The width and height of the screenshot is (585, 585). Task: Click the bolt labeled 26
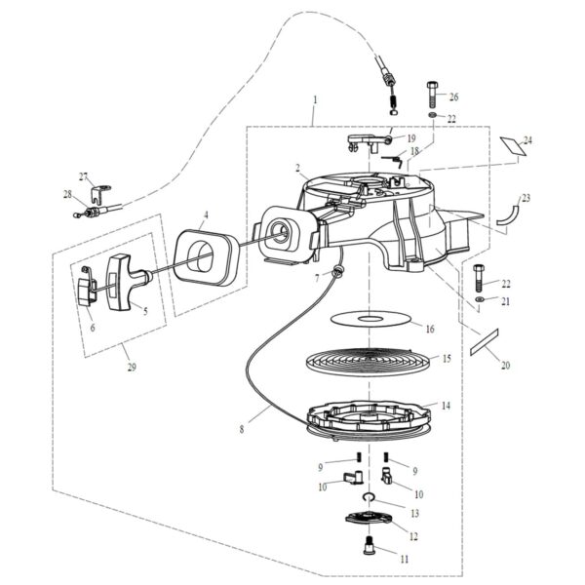[432, 97]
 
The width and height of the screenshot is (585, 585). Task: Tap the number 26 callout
[453, 97]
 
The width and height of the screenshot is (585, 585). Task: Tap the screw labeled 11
[370, 546]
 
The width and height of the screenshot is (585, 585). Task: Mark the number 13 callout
[414, 514]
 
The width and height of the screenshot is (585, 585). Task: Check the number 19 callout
[411, 138]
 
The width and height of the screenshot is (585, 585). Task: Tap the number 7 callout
[317, 279]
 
